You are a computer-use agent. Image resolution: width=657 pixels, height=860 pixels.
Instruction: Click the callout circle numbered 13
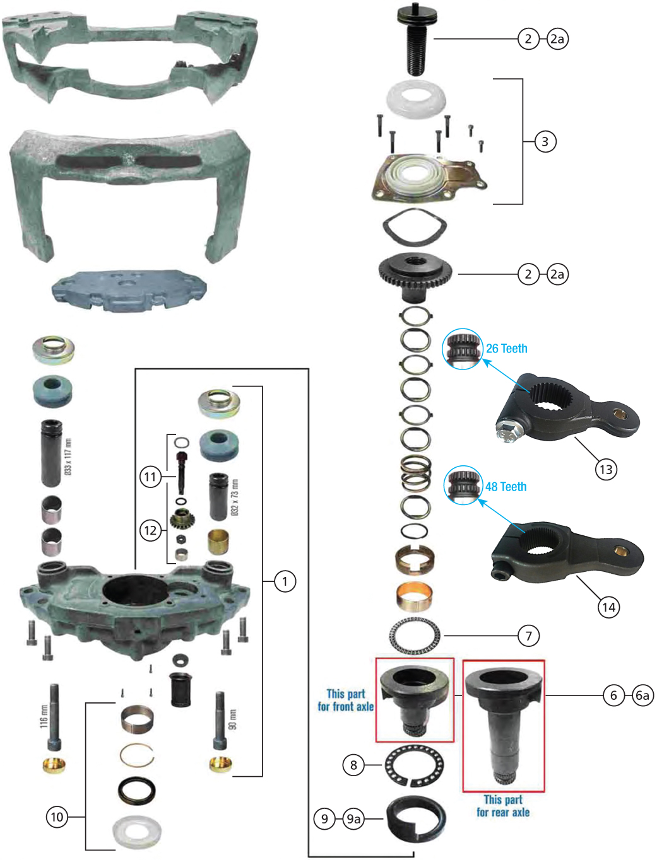(606, 469)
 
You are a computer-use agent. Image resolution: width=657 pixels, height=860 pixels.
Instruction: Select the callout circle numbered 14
(608, 607)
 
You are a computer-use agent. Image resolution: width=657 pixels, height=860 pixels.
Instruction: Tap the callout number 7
(529, 636)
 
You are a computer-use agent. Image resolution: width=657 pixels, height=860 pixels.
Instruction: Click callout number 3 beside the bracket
(545, 141)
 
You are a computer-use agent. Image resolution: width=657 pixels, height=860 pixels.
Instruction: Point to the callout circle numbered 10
(57, 817)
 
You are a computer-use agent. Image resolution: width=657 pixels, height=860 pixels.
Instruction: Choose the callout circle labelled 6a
(642, 695)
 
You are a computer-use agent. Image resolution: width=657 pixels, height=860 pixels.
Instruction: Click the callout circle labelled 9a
(353, 819)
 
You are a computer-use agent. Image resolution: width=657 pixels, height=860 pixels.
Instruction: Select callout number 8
(353, 765)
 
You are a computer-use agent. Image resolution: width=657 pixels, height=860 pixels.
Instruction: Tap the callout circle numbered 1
(285, 581)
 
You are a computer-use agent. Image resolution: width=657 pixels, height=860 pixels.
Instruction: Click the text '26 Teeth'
(506, 349)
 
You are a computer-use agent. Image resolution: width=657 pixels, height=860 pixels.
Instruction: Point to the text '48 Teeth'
(506, 487)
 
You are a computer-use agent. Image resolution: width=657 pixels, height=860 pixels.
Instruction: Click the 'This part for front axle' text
(346, 700)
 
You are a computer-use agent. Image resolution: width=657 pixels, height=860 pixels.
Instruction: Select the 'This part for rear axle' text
(503, 806)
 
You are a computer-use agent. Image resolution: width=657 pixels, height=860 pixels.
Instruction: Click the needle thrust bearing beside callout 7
(415, 636)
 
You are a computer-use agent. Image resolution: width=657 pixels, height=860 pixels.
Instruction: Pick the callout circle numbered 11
(150, 476)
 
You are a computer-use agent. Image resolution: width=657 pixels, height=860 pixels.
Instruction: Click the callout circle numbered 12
(150, 530)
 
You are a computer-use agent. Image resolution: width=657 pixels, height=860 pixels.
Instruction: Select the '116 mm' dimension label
(44, 716)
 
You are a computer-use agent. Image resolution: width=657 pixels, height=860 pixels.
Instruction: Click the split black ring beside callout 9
(416, 820)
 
